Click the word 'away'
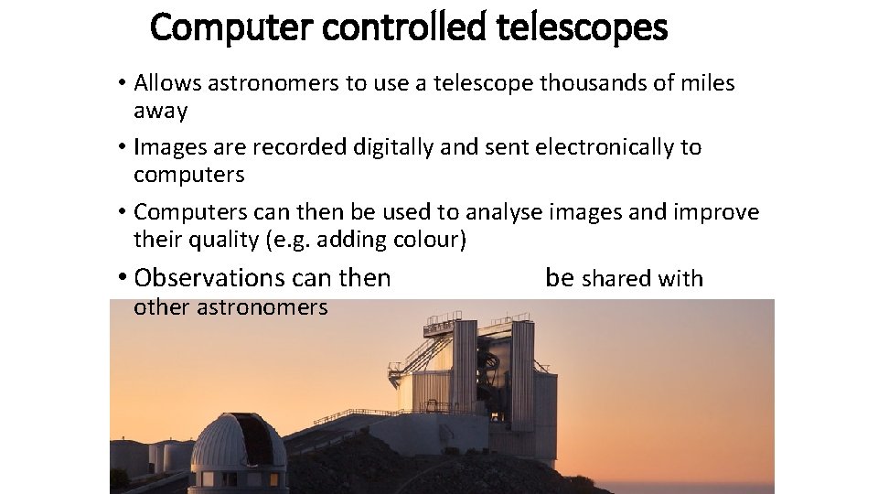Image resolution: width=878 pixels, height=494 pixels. click(160, 111)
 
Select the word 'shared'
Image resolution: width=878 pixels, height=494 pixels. click(613, 278)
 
